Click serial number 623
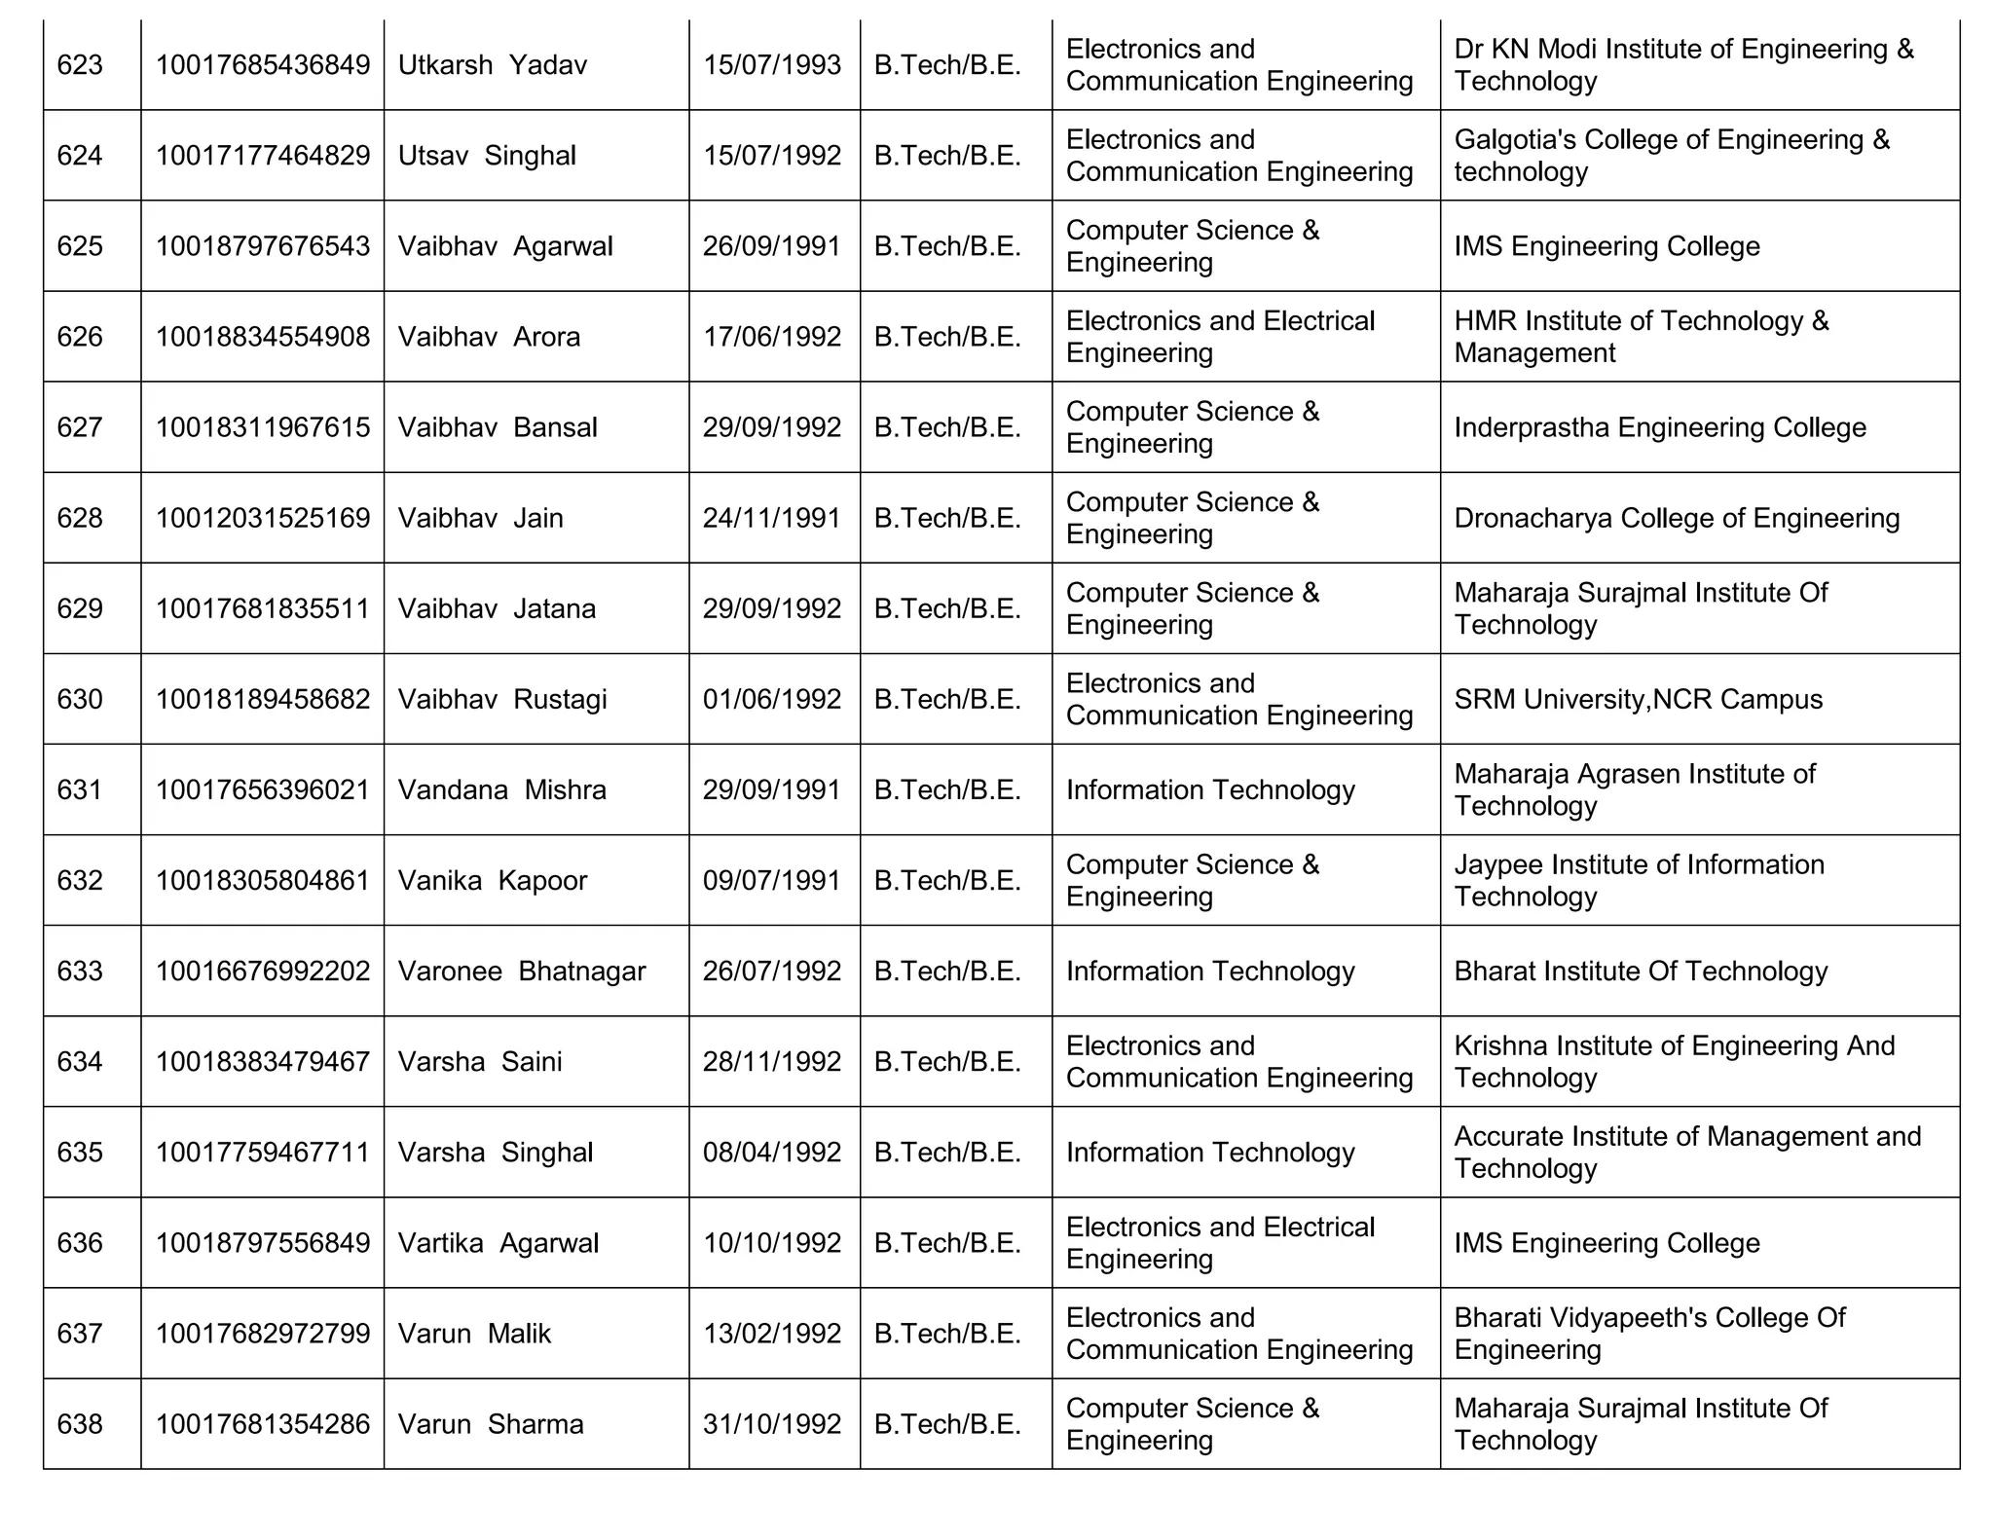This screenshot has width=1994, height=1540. [80, 65]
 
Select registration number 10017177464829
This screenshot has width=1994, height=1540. [263, 156]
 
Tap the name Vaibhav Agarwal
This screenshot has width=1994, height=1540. [505, 246]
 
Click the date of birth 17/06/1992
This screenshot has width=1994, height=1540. [772, 337]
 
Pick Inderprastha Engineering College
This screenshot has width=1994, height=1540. [1659, 427]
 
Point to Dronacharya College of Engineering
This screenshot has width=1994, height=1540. [1676, 518]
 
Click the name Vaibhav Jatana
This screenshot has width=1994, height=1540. [497, 608]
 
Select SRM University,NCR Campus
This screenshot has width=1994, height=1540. [1638, 699]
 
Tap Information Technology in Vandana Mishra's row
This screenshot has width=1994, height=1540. [1209, 789]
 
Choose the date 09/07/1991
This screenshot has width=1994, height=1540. [772, 880]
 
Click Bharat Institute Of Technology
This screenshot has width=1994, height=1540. [1640, 971]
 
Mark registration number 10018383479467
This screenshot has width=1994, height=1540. [263, 1061]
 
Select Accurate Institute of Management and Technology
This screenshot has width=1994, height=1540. [1686, 1152]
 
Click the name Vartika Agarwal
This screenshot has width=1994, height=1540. [498, 1243]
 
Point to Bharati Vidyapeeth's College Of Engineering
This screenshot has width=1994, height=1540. [1649, 1334]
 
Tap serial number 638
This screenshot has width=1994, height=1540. [80, 1424]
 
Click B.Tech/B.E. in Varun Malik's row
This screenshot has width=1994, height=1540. [947, 1334]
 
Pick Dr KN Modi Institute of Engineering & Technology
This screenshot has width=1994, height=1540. [1682, 65]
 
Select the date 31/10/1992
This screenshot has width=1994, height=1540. [772, 1424]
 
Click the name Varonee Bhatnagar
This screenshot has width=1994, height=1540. [522, 971]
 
